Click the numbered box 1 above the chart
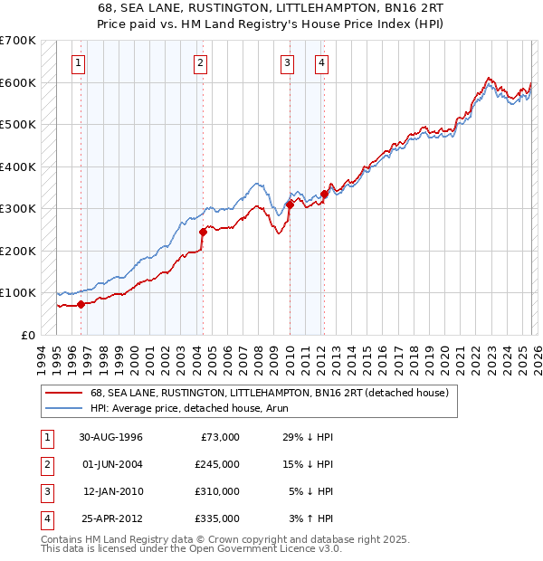pyautogui.click(x=80, y=63)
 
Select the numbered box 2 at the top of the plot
pyautogui.click(x=199, y=63)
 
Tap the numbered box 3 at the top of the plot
pyautogui.click(x=287, y=63)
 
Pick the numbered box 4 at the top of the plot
pyautogui.click(x=321, y=63)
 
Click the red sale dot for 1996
pyautogui.click(x=81, y=304)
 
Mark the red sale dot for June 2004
pyautogui.click(x=203, y=232)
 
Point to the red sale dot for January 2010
pyautogui.click(x=290, y=204)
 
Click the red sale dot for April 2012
pyautogui.click(x=324, y=194)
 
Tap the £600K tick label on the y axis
pyautogui.click(x=18, y=82)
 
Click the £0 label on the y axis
pyautogui.click(x=28, y=335)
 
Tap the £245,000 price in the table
pyautogui.click(x=217, y=464)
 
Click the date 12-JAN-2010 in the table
pyautogui.click(x=113, y=491)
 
